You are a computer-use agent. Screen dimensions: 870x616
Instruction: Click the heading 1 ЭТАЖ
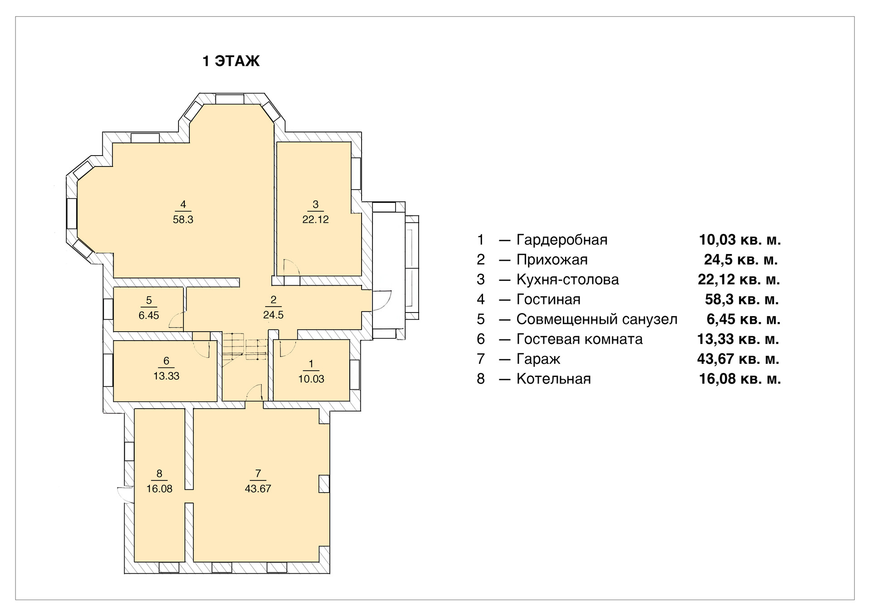tap(231, 61)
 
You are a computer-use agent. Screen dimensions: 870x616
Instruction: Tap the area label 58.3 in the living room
tap(183, 220)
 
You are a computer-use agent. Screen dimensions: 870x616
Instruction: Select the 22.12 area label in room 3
tap(315, 220)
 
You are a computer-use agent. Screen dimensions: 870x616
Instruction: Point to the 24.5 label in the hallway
tap(273, 315)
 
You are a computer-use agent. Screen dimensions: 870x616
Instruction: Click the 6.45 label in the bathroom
tap(149, 315)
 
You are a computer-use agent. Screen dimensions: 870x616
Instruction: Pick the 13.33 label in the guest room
tap(166, 376)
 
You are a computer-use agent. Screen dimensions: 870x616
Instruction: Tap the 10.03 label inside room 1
tap(311, 379)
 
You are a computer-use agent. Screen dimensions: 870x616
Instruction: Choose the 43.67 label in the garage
tap(258, 489)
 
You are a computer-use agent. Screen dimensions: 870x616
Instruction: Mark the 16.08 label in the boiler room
tap(159, 489)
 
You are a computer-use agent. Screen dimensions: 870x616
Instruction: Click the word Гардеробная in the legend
tap(562, 240)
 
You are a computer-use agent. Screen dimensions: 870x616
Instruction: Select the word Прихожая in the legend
tap(552, 259)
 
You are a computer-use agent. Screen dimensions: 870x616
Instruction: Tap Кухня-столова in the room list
tap(567, 279)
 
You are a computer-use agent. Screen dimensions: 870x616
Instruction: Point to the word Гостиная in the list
tap(548, 299)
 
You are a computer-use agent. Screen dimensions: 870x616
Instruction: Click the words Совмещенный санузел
tap(597, 319)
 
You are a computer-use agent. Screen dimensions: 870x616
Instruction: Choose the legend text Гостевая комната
tap(580, 339)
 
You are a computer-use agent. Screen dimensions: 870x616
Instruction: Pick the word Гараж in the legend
tap(538, 359)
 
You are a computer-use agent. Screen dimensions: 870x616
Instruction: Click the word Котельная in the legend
tap(554, 379)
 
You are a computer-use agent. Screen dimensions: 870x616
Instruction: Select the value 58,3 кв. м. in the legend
tap(742, 299)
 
